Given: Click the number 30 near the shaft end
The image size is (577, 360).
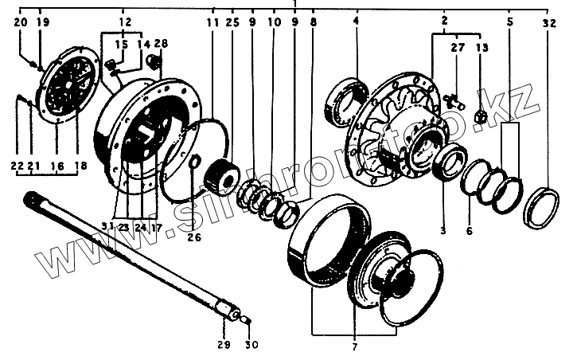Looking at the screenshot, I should click(251, 344).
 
